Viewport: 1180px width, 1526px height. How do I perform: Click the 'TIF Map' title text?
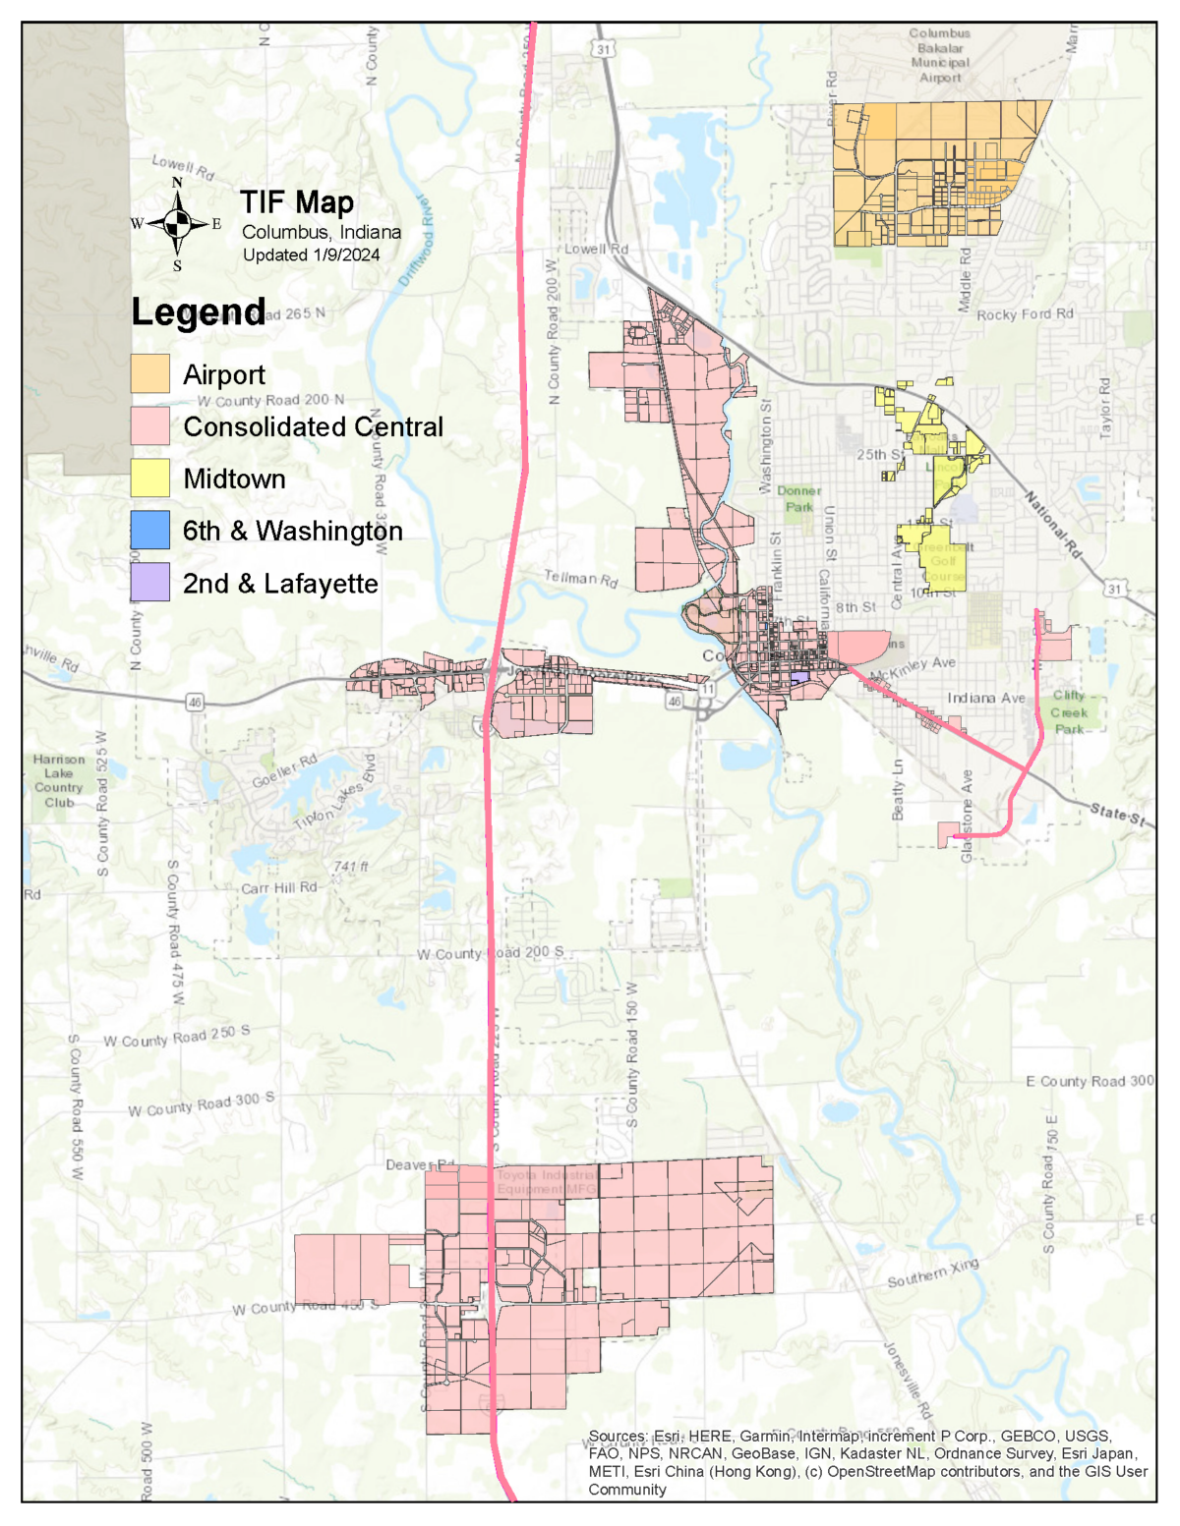pyautogui.click(x=297, y=202)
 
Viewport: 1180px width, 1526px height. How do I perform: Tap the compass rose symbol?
pyautogui.click(x=177, y=224)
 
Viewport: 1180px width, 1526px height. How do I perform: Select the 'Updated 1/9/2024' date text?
pyautogui.click(x=311, y=255)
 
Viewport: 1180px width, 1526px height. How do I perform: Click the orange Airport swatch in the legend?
pyautogui.click(x=150, y=374)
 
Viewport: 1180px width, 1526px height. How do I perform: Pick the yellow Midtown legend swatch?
pyautogui.click(x=150, y=479)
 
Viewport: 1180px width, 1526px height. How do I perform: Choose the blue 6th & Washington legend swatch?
pyautogui.click(x=150, y=531)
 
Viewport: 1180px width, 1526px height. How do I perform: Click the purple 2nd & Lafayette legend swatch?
pyautogui.click(x=150, y=583)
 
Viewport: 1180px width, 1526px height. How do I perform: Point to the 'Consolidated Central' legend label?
pyautogui.click(x=313, y=427)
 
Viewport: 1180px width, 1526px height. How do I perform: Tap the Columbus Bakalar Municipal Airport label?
pyautogui.click(x=939, y=56)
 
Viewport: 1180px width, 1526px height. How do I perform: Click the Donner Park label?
pyautogui.click(x=799, y=498)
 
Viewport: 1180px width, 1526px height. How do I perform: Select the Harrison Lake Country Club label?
pyautogui.click(x=59, y=780)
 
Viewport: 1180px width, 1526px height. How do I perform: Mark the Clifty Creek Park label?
pyautogui.click(x=1069, y=711)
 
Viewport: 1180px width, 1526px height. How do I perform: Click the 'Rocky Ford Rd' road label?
pyautogui.click(x=1025, y=314)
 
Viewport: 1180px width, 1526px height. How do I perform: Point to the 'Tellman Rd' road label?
pyautogui.click(x=581, y=579)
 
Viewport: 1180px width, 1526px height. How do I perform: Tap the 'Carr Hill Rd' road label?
pyautogui.click(x=279, y=887)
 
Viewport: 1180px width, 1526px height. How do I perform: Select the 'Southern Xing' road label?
pyautogui.click(x=933, y=1272)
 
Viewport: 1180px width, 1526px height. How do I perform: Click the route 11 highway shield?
pyautogui.click(x=707, y=690)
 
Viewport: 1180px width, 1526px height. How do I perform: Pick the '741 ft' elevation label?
pyautogui.click(x=351, y=866)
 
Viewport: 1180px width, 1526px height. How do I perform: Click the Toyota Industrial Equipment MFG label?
pyautogui.click(x=546, y=1182)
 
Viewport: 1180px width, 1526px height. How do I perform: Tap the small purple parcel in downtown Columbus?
pyautogui.click(x=799, y=677)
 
